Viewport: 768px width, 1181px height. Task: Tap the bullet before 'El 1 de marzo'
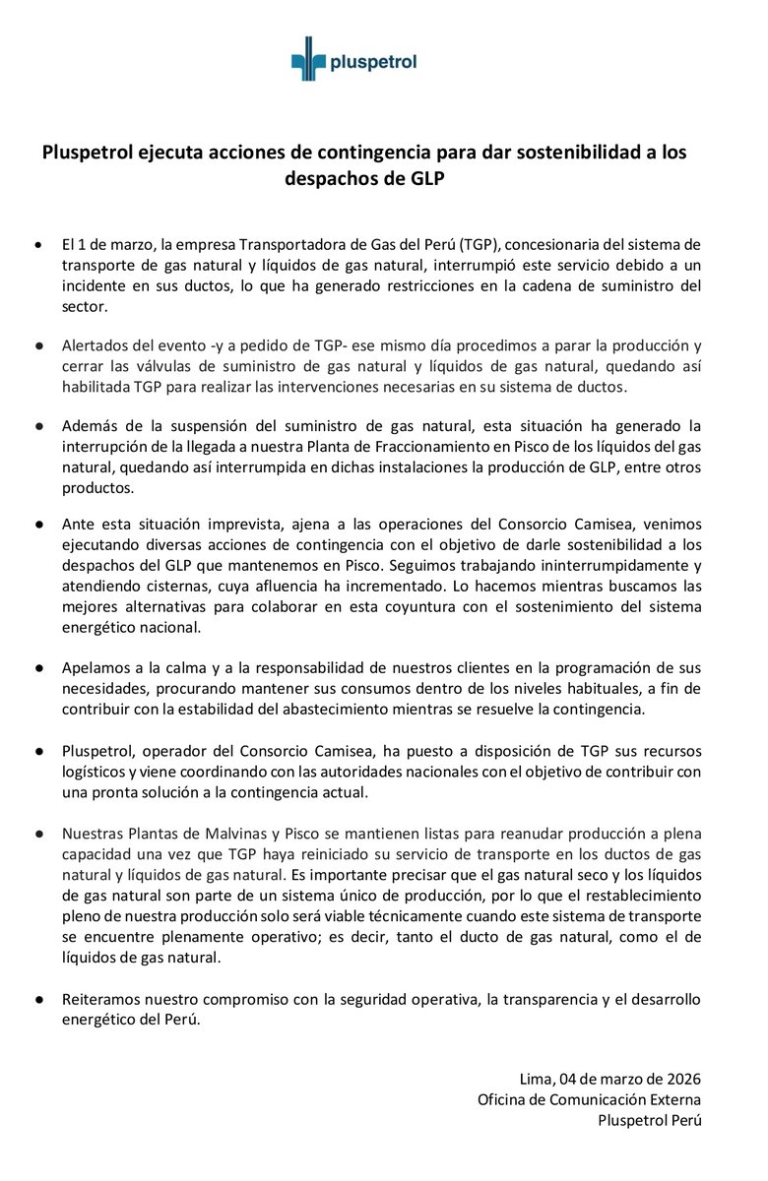[38, 243]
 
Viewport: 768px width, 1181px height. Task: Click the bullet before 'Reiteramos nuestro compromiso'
[38, 1000]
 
